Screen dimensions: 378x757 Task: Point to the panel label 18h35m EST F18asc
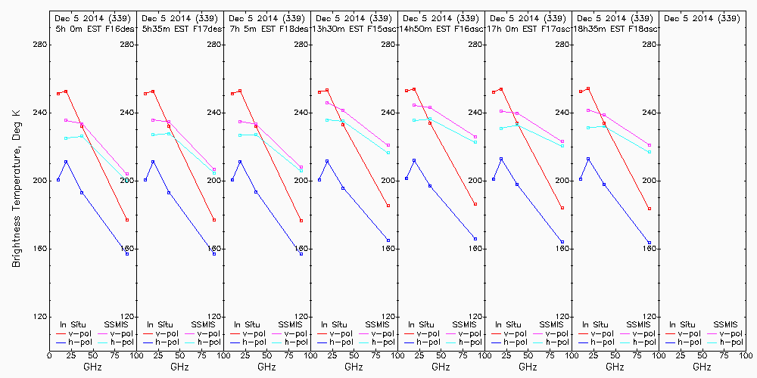point(618,28)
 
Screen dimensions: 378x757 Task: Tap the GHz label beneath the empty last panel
point(702,367)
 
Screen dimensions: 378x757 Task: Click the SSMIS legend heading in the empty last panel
point(726,324)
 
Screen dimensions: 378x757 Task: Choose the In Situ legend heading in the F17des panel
point(160,324)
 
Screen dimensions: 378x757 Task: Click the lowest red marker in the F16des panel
point(127,220)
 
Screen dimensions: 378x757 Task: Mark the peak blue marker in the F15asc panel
point(327,161)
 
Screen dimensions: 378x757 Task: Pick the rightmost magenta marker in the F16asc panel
point(475,137)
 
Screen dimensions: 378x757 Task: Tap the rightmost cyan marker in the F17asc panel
point(562,146)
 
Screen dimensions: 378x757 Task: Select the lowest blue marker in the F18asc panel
point(650,243)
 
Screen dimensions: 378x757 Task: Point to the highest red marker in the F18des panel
point(240,91)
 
